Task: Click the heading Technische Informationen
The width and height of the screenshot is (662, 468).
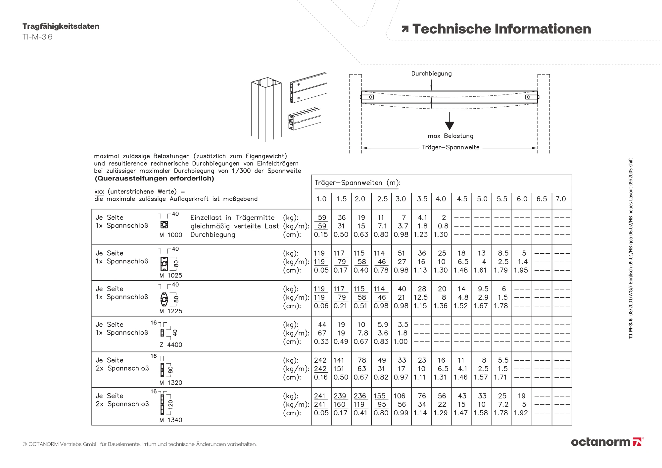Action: pos(501,29)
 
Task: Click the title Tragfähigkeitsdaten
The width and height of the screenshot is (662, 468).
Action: pos(61,26)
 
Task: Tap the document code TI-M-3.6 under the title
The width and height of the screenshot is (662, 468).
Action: pos(37,37)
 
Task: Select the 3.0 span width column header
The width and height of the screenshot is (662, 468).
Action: pos(401,199)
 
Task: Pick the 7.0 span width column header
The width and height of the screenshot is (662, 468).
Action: pos(561,199)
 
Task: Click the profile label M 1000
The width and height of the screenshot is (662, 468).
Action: pos(171,235)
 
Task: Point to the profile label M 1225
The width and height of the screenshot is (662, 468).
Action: pos(171,311)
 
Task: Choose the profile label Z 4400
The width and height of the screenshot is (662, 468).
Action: pos(171,345)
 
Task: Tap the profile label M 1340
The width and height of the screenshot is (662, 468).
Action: pos(171,420)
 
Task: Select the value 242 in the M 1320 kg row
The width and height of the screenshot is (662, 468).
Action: pos(320,360)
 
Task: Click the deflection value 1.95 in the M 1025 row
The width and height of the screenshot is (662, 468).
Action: pos(521,270)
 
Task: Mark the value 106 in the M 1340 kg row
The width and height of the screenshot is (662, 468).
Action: pos(400,396)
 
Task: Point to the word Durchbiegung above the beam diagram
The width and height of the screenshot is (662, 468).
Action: pos(431,74)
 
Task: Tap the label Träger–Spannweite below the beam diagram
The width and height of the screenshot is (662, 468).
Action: pos(450,147)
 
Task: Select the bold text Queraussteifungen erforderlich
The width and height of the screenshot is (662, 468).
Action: pos(155,179)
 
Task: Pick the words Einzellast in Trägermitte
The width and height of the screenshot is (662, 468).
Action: pos(232,218)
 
